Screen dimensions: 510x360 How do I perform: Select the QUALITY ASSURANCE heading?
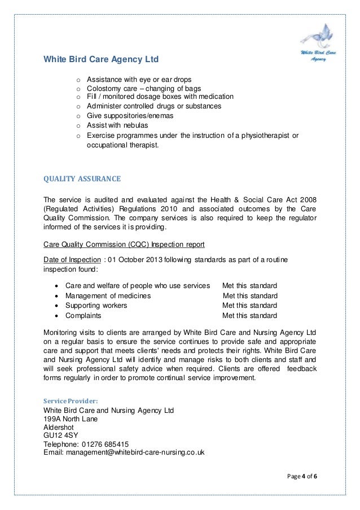[x=82, y=181]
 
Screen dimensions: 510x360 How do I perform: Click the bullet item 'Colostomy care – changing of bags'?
[x=144, y=89]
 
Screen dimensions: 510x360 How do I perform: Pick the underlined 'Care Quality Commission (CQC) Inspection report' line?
[x=124, y=245]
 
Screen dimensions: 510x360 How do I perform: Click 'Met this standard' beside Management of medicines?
[x=250, y=295]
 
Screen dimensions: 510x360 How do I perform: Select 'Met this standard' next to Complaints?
[x=249, y=315]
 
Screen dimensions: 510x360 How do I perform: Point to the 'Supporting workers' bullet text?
[x=96, y=306]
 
